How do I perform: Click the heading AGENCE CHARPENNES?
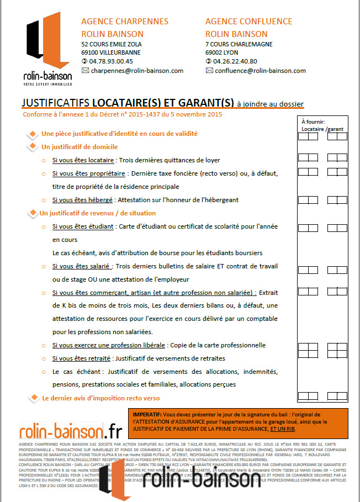[x=125, y=22]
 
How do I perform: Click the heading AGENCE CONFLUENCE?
[x=248, y=22]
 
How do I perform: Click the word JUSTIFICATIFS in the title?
[x=55, y=103]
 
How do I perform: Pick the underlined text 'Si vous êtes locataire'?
[x=83, y=161]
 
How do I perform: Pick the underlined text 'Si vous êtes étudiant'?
[x=83, y=226]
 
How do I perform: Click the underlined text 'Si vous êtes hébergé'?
[x=82, y=199]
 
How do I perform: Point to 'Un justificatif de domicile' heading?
[x=80, y=147]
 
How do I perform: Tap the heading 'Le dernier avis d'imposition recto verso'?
[x=100, y=398]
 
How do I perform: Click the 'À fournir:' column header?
[x=313, y=121]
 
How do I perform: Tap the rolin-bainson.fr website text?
[x=71, y=430]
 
